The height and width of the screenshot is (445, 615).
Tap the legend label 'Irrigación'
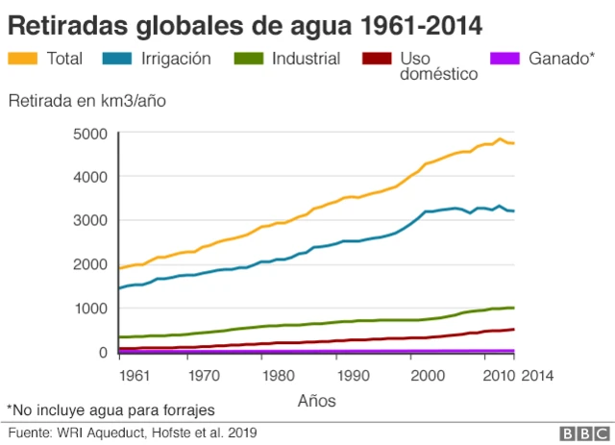(177, 59)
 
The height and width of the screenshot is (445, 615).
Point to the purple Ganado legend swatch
(506, 59)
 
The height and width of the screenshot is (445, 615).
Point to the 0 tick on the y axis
(101, 353)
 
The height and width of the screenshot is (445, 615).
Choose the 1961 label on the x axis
(135, 375)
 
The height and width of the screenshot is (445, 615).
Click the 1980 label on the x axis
(278, 375)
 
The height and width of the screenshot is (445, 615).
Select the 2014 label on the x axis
(537, 375)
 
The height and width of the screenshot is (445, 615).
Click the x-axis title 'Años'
(317, 399)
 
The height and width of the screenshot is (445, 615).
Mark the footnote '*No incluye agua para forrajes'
(111, 409)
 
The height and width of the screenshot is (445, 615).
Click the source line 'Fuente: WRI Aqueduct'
(133, 433)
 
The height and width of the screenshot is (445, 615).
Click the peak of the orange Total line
(499, 138)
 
